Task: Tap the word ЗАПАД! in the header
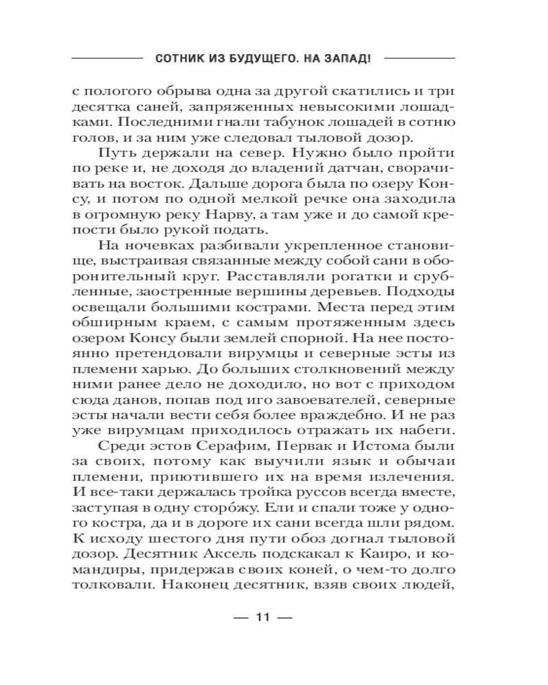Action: tap(345, 59)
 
